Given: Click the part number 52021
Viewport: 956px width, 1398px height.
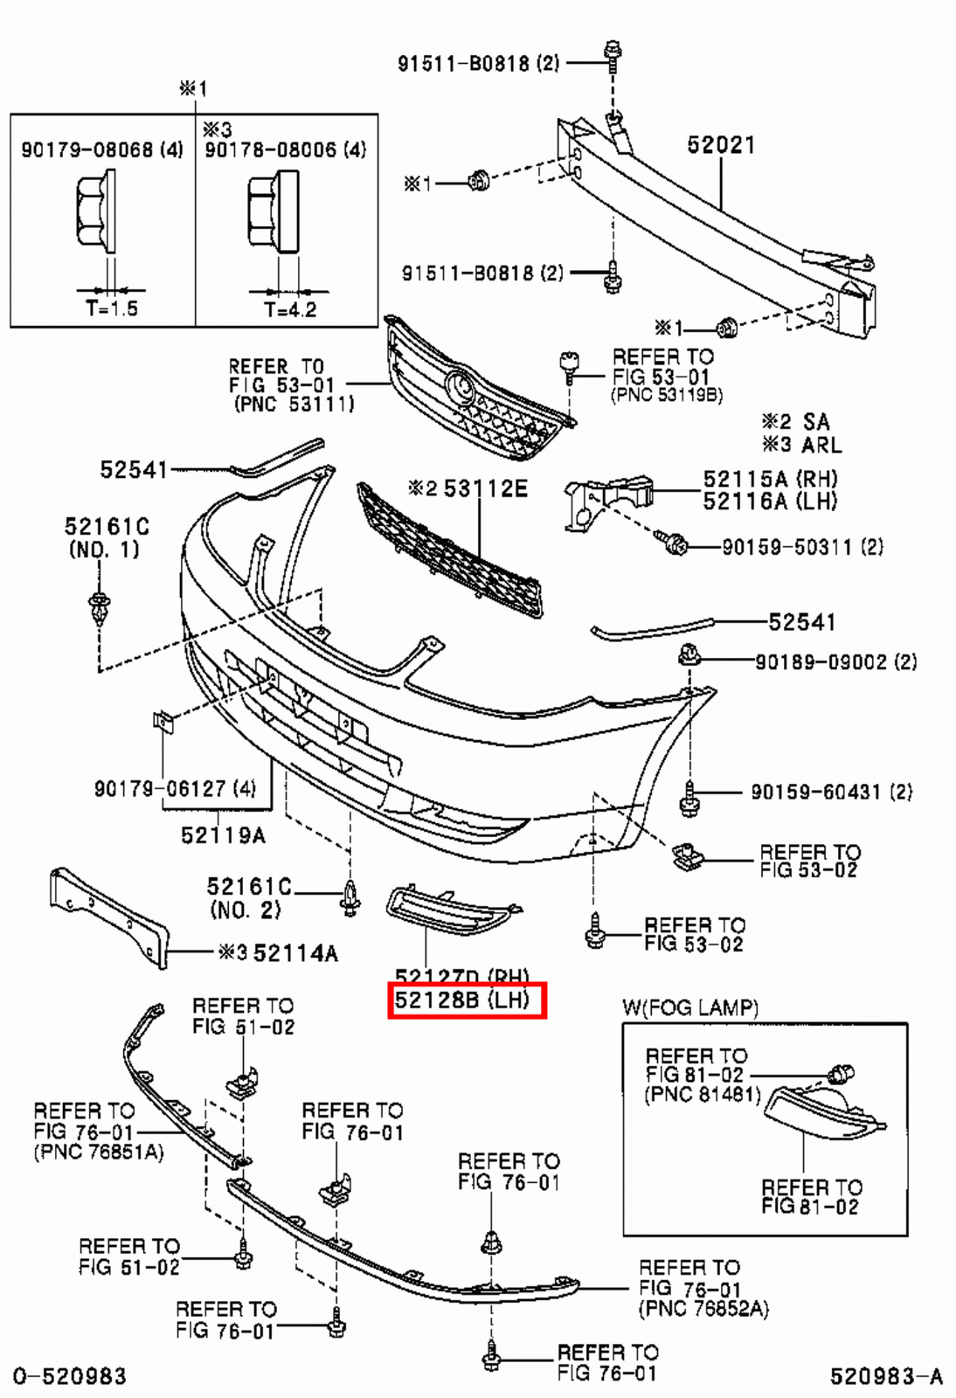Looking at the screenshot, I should coord(720,145).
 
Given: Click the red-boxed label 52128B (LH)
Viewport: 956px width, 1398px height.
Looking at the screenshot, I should coord(467,1000).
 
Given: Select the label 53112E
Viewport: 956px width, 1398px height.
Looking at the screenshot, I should coord(485,488).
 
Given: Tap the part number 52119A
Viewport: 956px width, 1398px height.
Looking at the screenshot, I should coord(223,835).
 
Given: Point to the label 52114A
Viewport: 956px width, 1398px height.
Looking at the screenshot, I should coord(294,952).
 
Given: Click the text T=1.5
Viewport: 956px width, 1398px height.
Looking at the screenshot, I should coord(112,308).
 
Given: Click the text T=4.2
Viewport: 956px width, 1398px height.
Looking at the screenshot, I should coord(290,309).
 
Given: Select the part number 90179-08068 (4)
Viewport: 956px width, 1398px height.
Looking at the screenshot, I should coord(101,149).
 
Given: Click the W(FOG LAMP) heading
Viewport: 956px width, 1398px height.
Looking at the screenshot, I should coord(689,1007).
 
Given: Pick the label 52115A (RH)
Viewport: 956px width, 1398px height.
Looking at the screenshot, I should coord(770,479).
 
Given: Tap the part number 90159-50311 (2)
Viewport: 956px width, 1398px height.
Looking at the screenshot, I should coord(802,547).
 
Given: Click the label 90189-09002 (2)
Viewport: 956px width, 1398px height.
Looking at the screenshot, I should coord(835,661).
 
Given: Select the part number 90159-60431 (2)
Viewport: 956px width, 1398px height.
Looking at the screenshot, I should coord(831,792).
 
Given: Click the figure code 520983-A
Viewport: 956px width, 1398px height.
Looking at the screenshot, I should coord(885,1377).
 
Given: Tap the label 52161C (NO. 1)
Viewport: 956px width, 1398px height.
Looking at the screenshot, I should coord(106,537).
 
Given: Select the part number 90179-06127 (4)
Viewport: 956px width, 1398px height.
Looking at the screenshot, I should coord(175,789).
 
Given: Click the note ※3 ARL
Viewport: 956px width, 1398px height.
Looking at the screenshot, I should coord(801,445).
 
